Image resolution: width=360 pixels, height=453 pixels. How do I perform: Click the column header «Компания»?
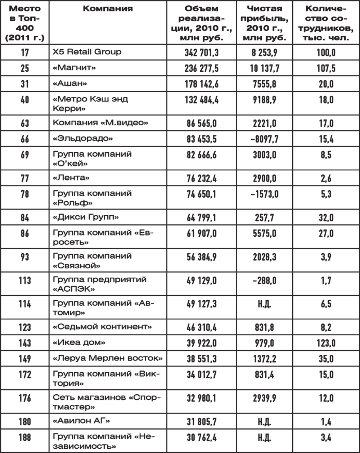(108, 9)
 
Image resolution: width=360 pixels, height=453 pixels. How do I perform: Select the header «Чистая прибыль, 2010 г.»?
(265, 23)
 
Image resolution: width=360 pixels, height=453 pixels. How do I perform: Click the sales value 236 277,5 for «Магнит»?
(202, 68)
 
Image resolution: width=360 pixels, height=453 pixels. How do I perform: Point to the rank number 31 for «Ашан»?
(25, 84)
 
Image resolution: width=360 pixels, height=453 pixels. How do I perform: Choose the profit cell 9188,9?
(265, 99)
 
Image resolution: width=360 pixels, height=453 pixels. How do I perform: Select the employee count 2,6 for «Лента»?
(326, 178)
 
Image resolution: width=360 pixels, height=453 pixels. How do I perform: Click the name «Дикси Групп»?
(86, 217)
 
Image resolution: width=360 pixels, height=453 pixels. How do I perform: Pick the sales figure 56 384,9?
(202, 257)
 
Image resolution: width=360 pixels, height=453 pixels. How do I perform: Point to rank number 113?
(25, 280)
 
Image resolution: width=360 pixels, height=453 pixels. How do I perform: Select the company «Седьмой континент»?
(102, 327)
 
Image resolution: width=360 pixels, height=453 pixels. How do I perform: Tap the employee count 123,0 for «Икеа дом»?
(326, 343)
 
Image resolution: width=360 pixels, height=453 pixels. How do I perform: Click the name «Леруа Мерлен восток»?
(108, 359)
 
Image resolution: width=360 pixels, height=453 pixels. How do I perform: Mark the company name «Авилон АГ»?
(81, 421)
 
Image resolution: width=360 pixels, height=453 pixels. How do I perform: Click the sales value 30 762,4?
(202, 437)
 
